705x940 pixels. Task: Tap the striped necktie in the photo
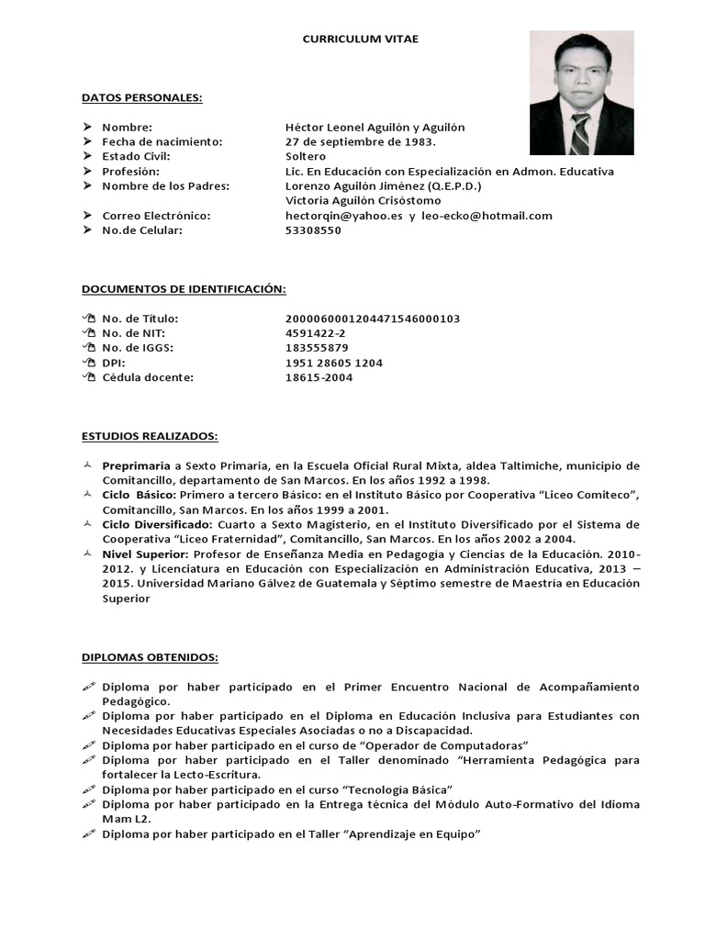click(579, 133)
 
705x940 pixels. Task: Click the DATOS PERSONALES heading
click(142, 97)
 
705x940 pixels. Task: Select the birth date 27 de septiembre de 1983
click(361, 141)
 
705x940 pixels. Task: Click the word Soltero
click(306, 156)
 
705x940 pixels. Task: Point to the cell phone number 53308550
click(313, 230)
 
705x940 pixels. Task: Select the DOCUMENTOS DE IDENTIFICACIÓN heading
click(184, 289)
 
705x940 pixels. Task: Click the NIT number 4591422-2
click(316, 333)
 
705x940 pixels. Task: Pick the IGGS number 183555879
click(317, 348)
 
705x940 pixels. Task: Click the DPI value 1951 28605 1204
click(334, 363)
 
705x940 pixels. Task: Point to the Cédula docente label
click(148, 377)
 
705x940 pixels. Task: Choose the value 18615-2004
click(319, 377)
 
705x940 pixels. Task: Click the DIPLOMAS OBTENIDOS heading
click(150, 657)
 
